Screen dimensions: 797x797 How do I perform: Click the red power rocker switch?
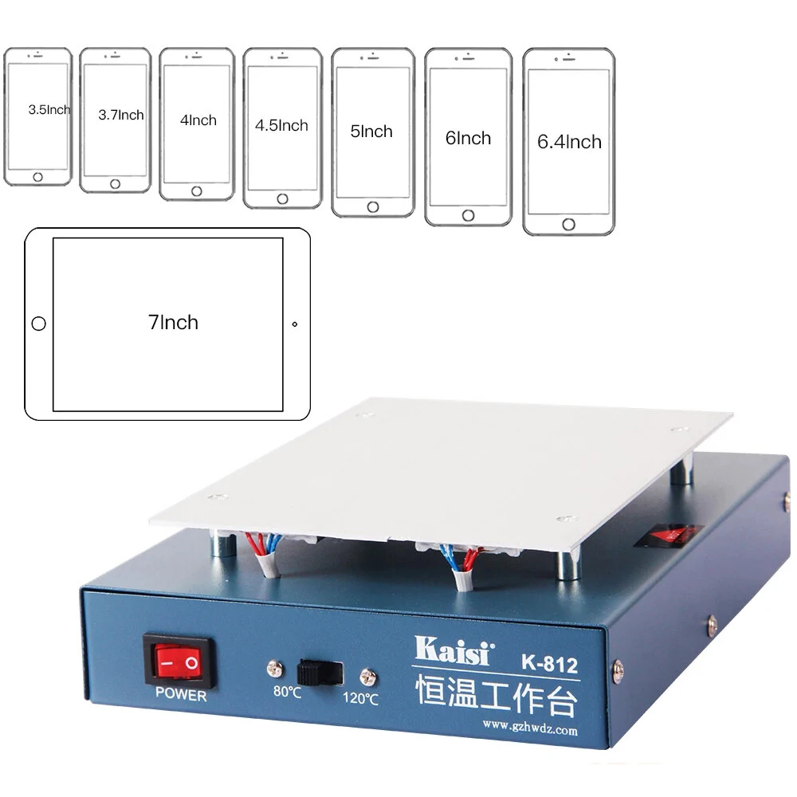pyautogui.click(x=179, y=662)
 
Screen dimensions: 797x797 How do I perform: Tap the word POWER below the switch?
pyautogui.click(x=181, y=695)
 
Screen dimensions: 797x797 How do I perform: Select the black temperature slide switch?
pyautogui.click(x=318, y=672)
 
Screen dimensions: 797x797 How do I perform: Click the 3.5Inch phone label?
pyautogui.click(x=49, y=110)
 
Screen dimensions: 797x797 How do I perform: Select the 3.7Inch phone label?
pyautogui.click(x=121, y=115)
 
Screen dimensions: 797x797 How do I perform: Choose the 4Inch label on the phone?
pyautogui.click(x=198, y=120)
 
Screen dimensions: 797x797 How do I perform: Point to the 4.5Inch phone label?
pyautogui.click(x=281, y=125)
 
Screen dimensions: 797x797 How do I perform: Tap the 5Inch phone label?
pyautogui.click(x=371, y=132)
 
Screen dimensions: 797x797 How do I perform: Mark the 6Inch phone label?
pyautogui.click(x=468, y=138)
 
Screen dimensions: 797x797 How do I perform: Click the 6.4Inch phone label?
pyautogui.click(x=569, y=142)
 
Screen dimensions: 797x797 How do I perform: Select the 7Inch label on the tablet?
pyautogui.click(x=173, y=323)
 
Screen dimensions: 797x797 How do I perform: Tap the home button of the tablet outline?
pyautogui.click(x=37, y=324)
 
